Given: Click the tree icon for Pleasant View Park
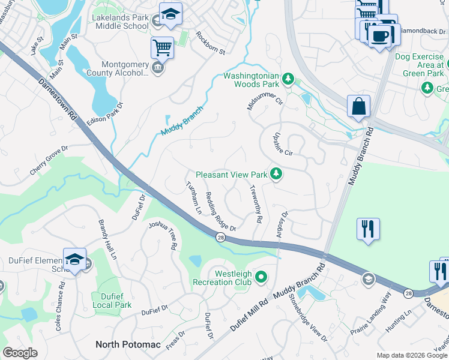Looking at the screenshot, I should coord(276,175).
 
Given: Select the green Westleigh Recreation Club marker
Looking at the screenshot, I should coord(261,277).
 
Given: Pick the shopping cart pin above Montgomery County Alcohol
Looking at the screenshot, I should coord(162,47).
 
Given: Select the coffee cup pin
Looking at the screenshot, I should coord(379,37).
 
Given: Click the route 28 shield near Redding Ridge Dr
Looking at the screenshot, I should coord(220,238).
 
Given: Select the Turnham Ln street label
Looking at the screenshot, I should coord(193,198).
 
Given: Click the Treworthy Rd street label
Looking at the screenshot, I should coord(255,204).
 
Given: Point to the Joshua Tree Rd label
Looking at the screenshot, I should coord(163,235).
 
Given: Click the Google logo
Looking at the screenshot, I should coord(20,352).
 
